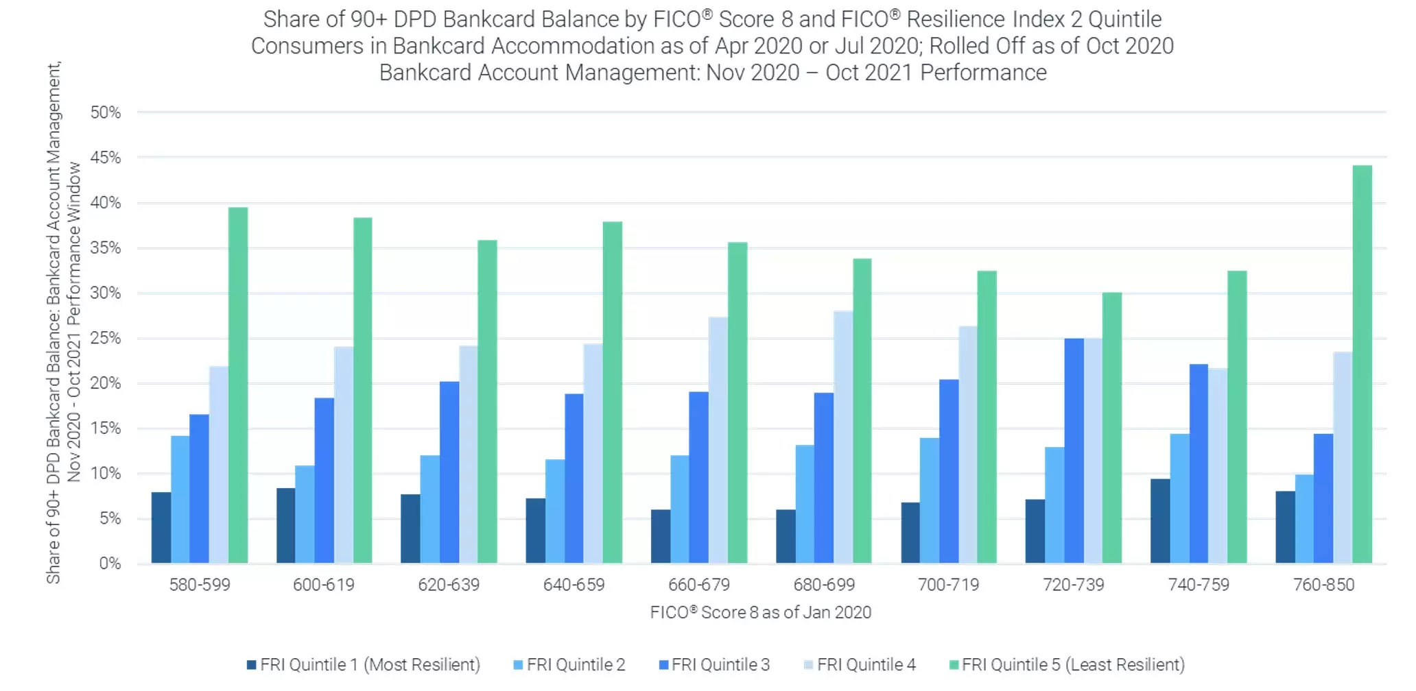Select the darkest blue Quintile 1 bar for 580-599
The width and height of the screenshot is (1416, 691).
pyautogui.click(x=161, y=528)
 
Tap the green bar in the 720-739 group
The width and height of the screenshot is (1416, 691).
pyautogui.click(x=1111, y=428)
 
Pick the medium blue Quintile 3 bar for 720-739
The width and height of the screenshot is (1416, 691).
pyautogui.click(x=1074, y=451)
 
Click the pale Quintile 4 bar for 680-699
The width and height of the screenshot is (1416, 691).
pyautogui.click(x=843, y=437)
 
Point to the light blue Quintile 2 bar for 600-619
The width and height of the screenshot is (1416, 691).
pyautogui.click(x=305, y=515)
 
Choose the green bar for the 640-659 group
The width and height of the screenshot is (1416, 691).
pyautogui.click(x=612, y=393)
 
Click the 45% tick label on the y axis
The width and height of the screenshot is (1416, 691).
pyautogui.click(x=106, y=158)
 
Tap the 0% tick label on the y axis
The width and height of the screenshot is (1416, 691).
pyautogui.click(x=110, y=563)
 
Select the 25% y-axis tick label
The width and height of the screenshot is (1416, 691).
pyautogui.click(x=106, y=338)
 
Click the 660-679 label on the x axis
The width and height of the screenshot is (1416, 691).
pyautogui.click(x=699, y=585)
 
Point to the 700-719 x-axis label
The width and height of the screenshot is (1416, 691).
pyautogui.click(x=949, y=585)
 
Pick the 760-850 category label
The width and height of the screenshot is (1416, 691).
pyautogui.click(x=1323, y=585)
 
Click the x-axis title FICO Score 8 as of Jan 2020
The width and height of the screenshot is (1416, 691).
pyautogui.click(x=761, y=612)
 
